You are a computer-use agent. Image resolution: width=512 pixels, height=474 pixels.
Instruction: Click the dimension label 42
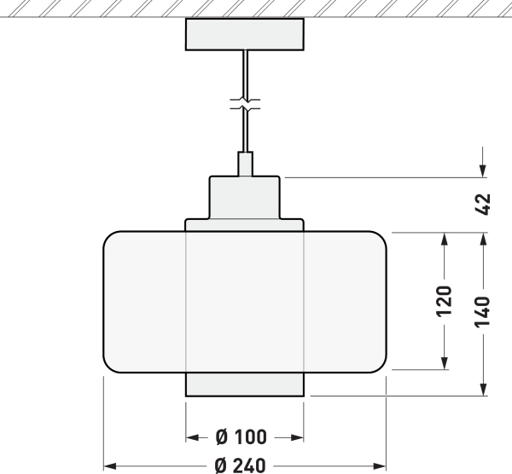point(483,205)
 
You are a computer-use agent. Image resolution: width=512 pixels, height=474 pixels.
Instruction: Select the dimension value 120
point(444,301)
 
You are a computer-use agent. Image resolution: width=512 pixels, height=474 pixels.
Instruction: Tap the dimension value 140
point(483,313)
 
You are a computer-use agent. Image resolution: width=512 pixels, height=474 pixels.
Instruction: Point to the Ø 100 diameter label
point(241,437)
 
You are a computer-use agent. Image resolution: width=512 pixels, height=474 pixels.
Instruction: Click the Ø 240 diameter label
point(241,465)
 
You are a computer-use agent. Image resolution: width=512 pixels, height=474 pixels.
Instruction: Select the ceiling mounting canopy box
point(245,33)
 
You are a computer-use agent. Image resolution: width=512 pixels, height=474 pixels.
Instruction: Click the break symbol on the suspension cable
point(245,107)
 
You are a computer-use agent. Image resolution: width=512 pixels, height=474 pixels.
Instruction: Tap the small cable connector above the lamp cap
point(245,163)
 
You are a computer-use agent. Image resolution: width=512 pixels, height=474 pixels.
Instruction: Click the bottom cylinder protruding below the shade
point(245,384)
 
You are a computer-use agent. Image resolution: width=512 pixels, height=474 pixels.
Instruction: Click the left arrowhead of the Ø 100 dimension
point(192,437)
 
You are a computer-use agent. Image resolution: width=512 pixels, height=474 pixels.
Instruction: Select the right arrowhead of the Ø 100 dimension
point(299,437)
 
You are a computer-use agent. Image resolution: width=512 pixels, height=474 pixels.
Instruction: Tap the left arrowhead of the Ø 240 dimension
point(109,465)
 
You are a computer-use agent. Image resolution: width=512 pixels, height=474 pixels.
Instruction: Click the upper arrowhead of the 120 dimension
point(444,239)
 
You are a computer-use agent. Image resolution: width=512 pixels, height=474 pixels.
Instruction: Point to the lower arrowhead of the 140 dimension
point(483,390)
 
